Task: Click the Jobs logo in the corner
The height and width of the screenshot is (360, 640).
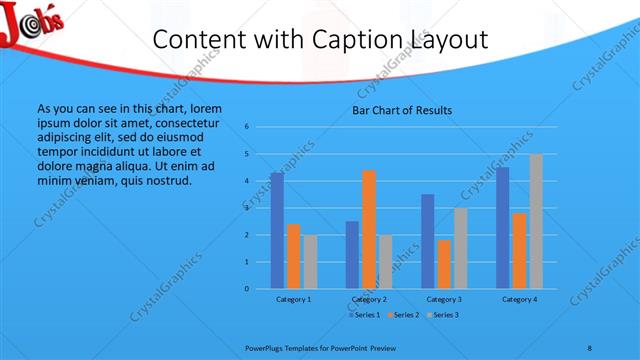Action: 32,23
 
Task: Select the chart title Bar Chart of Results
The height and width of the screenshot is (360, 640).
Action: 402,110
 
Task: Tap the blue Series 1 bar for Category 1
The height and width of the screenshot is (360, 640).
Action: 277,231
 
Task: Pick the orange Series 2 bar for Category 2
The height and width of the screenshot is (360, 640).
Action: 368,229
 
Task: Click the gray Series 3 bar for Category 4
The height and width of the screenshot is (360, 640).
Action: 536,221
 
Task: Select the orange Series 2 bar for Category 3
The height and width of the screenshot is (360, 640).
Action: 444,264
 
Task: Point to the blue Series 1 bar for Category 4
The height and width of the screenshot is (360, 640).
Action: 502,228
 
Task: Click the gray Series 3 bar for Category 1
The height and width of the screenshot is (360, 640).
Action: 310,262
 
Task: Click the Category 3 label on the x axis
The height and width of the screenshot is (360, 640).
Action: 444,299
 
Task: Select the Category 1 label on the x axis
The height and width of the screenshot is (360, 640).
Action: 293,299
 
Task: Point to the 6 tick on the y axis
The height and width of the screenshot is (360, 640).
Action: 246,127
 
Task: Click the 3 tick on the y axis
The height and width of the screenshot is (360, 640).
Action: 246,208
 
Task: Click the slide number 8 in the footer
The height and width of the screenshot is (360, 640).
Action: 590,346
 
